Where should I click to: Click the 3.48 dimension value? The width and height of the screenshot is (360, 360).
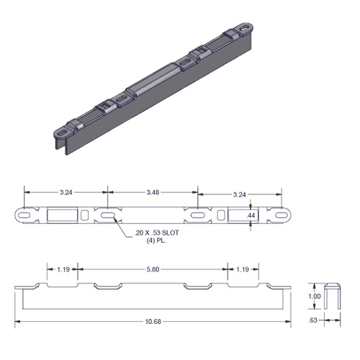click(x=152, y=193)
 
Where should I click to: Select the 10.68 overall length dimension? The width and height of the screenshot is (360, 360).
click(x=151, y=321)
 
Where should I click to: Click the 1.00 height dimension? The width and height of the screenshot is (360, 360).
click(x=315, y=296)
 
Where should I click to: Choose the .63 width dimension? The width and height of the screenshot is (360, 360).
click(x=315, y=321)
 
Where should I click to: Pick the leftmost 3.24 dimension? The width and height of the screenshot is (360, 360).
click(x=66, y=193)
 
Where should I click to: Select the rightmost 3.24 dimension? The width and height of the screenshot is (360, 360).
click(x=240, y=193)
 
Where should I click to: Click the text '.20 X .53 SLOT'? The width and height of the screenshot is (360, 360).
click(x=158, y=233)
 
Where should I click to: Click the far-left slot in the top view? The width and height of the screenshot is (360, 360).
click(x=25, y=215)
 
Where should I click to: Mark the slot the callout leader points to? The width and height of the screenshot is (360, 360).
click(x=107, y=215)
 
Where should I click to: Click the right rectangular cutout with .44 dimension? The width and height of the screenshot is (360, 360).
click(x=238, y=215)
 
